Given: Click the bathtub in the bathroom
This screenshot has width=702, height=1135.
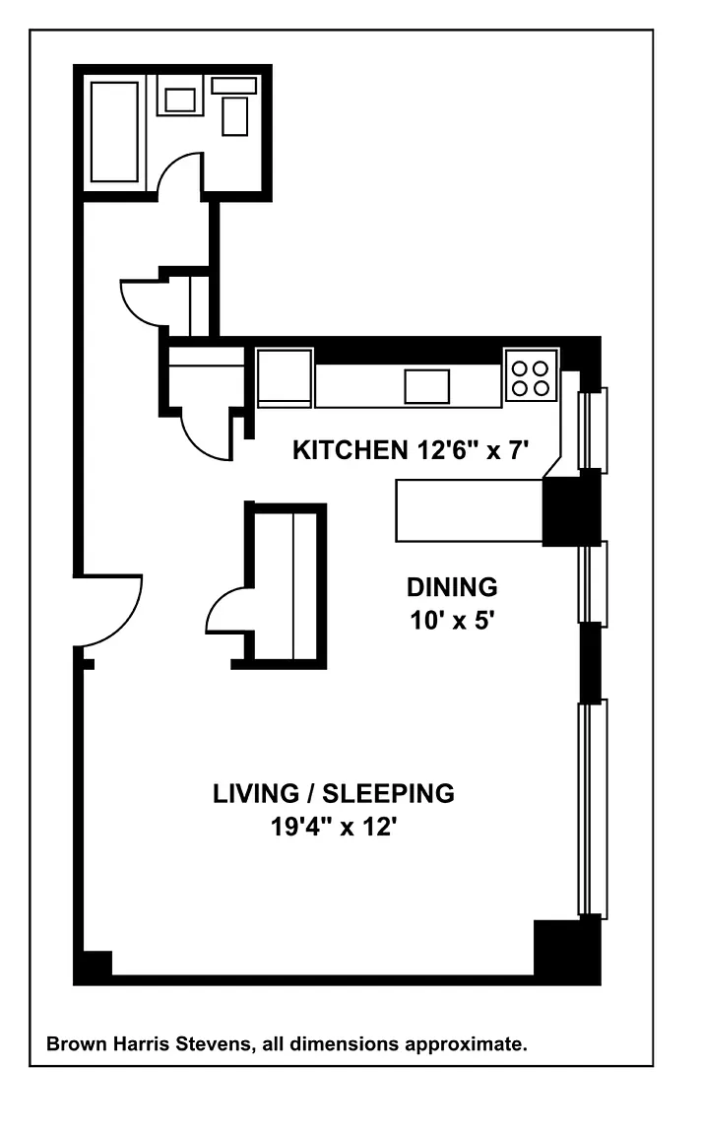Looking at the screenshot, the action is pyautogui.click(x=113, y=131).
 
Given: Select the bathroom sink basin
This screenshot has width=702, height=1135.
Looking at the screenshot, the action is pyautogui.click(x=180, y=100).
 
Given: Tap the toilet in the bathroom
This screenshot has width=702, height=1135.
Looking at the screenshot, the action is pyautogui.click(x=234, y=107).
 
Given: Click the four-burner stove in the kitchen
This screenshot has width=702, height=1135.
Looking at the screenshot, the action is pyautogui.click(x=532, y=375).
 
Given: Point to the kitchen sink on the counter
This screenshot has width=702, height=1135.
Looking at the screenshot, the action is pyautogui.click(x=427, y=386).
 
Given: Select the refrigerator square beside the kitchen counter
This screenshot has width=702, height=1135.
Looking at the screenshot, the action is pyautogui.click(x=286, y=378).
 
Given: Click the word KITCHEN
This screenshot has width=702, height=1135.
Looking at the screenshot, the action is pyautogui.click(x=350, y=450).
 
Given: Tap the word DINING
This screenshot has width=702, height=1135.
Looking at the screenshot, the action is pyautogui.click(x=452, y=587).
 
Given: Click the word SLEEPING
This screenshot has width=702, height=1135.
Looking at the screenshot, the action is pyautogui.click(x=388, y=793).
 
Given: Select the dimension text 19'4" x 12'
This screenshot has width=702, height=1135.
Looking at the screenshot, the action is pyautogui.click(x=334, y=827).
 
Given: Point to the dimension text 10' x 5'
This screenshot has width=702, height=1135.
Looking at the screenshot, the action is pyautogui.click(x=452, y=621).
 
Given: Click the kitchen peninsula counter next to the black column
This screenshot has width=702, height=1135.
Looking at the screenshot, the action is pyautogui.click(x=469, y=510).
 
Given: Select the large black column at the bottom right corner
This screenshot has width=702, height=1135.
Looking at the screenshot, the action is pyautogui.click(x=567, y=951).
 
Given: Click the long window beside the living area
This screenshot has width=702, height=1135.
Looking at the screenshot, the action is pyautogui.click(x=593, y=809).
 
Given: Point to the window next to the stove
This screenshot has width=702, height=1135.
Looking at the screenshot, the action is pyautogui.click(x=593, y=430).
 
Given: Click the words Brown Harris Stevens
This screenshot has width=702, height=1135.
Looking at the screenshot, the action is pyautogui.click(x=149, y=1044).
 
